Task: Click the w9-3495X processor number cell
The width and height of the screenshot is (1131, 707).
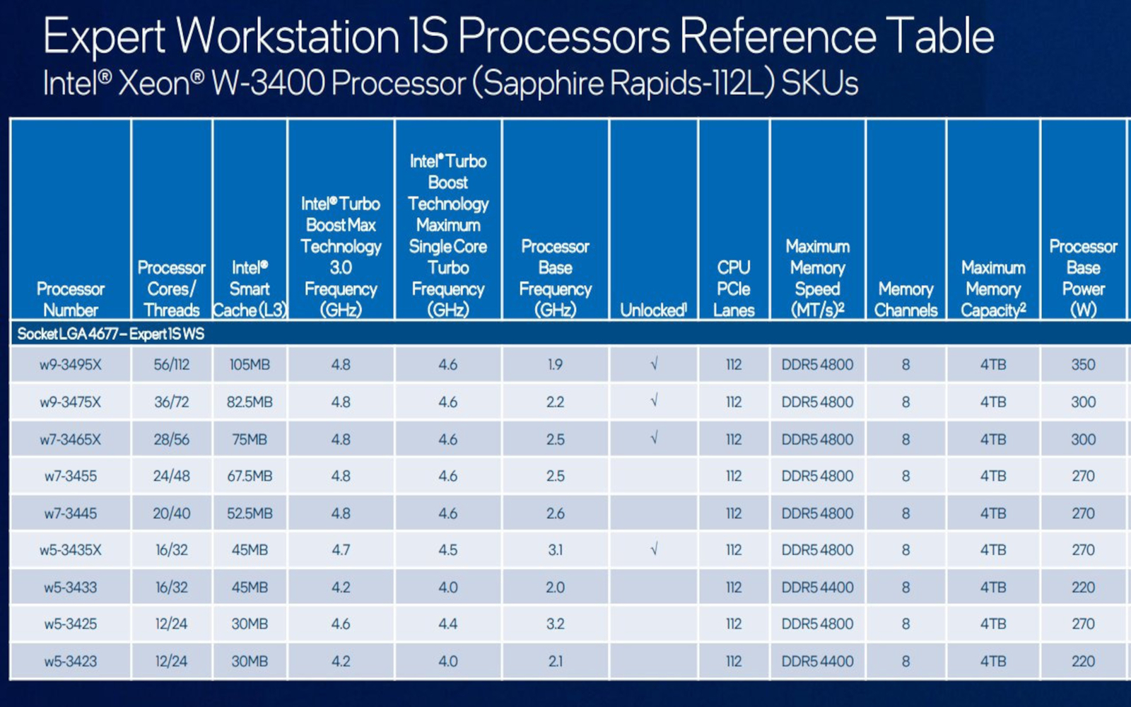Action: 71,365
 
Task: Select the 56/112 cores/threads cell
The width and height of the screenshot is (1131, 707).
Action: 172,365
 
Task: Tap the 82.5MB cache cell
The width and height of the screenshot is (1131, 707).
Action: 250,402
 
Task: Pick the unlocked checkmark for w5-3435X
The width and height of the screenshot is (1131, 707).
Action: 654,549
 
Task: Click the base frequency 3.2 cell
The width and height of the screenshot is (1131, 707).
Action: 555,624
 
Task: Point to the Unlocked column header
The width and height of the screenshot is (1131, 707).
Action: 653,310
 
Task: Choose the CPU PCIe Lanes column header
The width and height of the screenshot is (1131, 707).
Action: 734,288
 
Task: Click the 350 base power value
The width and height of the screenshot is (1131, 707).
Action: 1083,365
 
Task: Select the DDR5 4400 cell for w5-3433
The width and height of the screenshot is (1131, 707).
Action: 817,588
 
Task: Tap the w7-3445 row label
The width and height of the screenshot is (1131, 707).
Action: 71,513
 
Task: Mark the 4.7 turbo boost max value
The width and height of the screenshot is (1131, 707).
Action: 341,550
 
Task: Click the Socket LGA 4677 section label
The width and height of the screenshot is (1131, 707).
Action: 111,334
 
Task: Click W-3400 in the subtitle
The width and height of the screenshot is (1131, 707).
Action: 268,83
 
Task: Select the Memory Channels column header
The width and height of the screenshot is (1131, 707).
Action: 906,299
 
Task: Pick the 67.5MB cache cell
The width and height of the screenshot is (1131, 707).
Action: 250,477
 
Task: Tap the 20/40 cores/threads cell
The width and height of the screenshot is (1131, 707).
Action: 172,513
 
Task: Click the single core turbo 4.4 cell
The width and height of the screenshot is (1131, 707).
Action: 447,624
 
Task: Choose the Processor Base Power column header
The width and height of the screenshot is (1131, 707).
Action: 1083,278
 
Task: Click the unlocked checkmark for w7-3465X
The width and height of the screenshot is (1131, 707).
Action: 654,439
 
